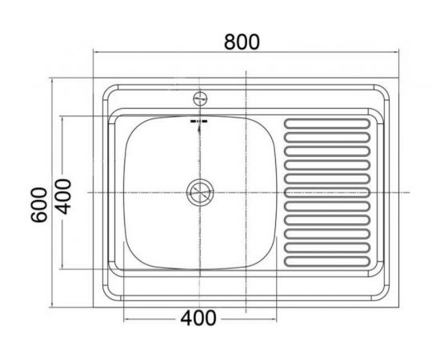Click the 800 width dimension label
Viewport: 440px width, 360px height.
tap(242, 42)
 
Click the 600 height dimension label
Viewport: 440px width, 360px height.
tap(39, 205)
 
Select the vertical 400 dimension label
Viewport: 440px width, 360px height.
tap(63, 197)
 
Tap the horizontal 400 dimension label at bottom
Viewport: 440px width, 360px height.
tap(198, 318)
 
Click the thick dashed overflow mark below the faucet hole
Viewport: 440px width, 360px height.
tap(199, 122)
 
